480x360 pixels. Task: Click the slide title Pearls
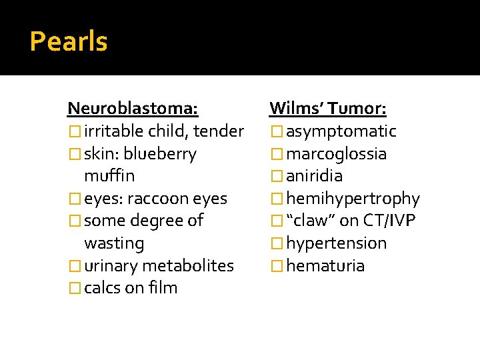pos(69,42)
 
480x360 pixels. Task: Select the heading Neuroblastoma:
pos(133,108)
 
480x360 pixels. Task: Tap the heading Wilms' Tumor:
pos(328,108)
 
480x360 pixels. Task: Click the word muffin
pos(109,176)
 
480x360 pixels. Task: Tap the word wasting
pos(114,243)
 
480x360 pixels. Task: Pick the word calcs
pos(104,288)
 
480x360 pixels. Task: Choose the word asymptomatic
pos(341,131)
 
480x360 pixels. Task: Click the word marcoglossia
pos(337,154)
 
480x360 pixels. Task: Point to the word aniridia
pos(315,176)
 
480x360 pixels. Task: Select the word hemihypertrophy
pos(353,199)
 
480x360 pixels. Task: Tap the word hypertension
pos(337,243)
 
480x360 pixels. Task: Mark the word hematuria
pos(325,266)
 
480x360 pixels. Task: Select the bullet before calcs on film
pos(74,288)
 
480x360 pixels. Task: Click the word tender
pos(219,131)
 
